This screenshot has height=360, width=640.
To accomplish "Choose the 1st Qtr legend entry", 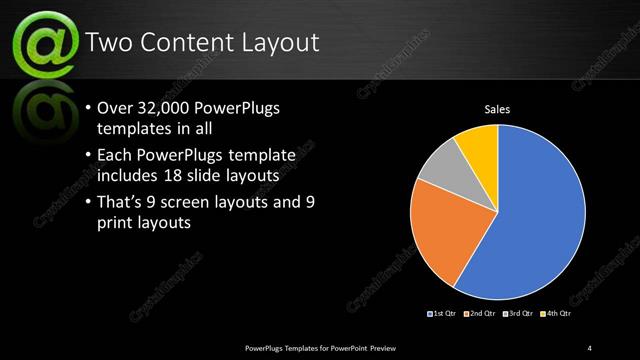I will click(443, 314).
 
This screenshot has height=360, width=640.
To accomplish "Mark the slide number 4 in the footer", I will click(589, 347).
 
